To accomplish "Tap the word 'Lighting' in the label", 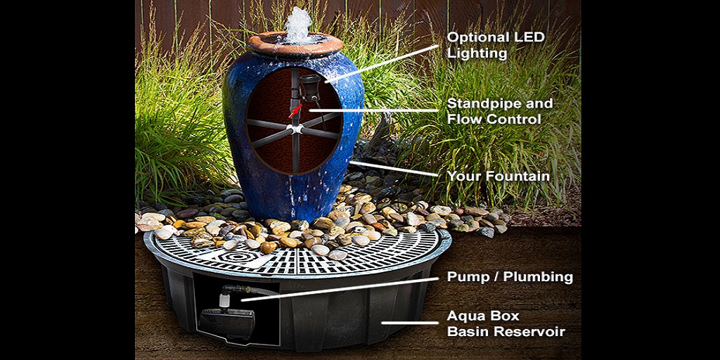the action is pos(477,53).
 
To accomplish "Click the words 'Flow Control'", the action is pos(494,120).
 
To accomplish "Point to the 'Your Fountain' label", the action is pos(499,176).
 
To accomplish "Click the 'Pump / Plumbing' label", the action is pos(510,277).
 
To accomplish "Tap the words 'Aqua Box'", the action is pos(483,316).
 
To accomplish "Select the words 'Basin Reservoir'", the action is pos(506,332).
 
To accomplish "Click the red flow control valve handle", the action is pos(296,111).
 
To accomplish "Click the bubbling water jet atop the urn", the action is pos(298,25).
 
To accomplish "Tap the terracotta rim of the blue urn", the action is pos(295,44).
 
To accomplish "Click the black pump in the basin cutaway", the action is pos(226,322).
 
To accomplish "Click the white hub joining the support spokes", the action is pos(295,129).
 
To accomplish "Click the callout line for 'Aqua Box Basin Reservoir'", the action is pos(410,322).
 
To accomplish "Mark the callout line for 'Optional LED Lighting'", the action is pos(382,64).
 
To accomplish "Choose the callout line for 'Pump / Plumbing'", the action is pos(340,289).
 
